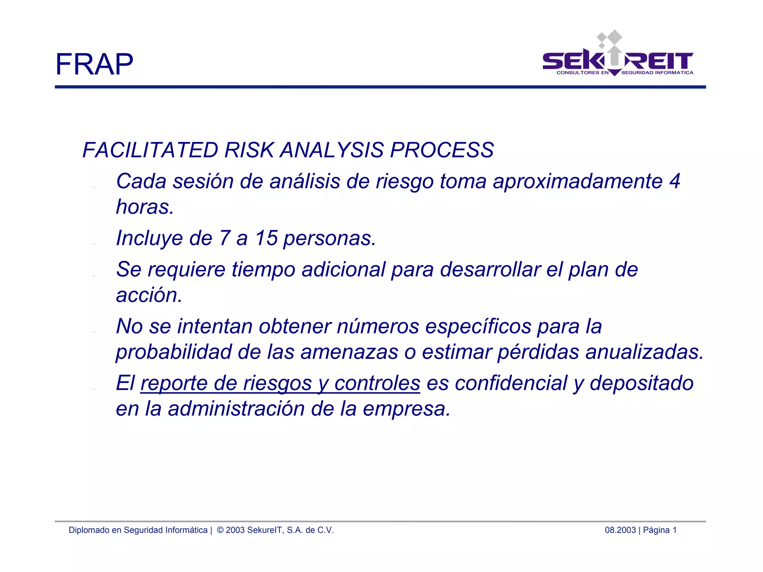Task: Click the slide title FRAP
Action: (94, 64)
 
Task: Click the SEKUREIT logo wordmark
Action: (617, 61)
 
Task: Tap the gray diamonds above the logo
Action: (609, 39)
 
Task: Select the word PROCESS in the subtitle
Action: (441, 150)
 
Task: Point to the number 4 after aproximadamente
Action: (674, 181)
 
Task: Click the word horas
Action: (145, 207)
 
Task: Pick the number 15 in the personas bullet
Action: (266, 238)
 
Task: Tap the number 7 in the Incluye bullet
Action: (225, 238)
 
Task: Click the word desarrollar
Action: (490, 270)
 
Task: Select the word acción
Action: (149, 295)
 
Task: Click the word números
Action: (378, 326)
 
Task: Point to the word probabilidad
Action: (174, 352)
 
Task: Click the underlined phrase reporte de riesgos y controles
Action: (280, 384)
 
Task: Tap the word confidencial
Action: (510, 383)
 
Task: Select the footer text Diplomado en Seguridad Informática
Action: (138, 530)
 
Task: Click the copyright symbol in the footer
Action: (220, 530)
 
